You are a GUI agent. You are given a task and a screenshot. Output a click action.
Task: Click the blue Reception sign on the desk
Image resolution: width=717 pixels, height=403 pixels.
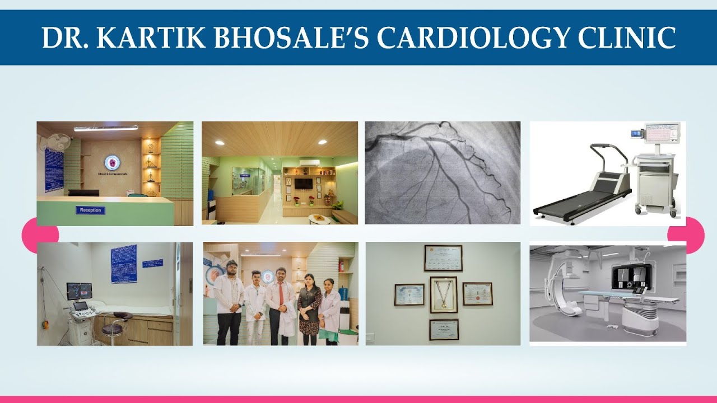pos(91,210)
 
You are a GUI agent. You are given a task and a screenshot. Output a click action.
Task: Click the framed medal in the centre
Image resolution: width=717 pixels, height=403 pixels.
pos(443,294)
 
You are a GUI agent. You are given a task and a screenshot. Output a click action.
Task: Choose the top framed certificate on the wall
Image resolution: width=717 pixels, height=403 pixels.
pos(443,258)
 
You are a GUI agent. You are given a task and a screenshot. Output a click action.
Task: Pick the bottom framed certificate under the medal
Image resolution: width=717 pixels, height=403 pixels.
pos(444,330)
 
